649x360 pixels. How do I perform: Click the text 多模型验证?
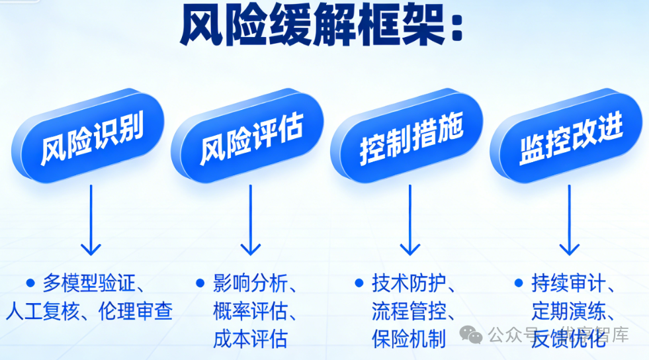pos(87,283)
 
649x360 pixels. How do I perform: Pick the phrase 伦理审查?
pos(136,310)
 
